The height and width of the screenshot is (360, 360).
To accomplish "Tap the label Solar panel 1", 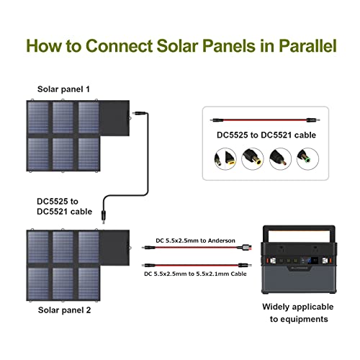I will click(64, 89).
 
